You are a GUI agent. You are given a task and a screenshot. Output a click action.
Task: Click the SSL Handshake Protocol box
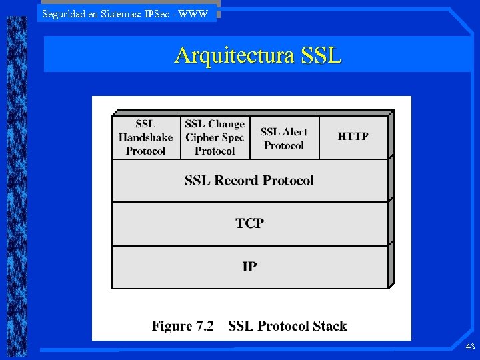coord(145,137)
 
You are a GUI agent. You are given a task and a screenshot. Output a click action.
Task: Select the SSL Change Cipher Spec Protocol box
coord(215,137)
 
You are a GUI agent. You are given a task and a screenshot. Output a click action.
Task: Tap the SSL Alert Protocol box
coord(284,138)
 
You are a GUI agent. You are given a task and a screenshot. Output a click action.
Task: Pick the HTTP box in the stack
coord(353,137)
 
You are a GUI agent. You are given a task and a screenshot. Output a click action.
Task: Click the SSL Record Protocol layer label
coord(249,180)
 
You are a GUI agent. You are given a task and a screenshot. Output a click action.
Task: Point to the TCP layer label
coord(249,223)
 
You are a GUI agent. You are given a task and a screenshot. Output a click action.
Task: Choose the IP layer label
coord(249,267)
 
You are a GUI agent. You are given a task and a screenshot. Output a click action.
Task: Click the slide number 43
coord(470,346)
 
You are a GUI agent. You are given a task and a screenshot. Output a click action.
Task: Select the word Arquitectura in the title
coord(234,55)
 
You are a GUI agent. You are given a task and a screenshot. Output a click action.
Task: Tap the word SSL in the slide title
coord(321,55)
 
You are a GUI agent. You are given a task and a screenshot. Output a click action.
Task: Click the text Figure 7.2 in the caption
coord(183,326)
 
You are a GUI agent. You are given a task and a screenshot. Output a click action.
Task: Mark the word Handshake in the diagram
coord(145,137)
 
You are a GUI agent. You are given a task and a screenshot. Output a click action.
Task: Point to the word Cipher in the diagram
coord(202,137)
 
